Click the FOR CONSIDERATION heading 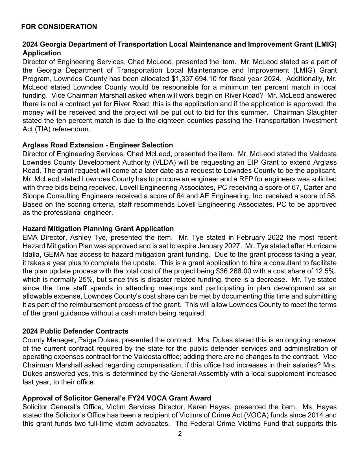click(x=59, y=27)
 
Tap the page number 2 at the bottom click(x=180, y=434)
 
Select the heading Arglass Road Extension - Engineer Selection click(x=97, y=145)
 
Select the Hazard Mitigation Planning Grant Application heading click(x=98, y=228)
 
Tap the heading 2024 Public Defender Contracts click(x=75, y=331)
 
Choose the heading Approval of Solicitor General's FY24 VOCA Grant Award click(x=117, y=398)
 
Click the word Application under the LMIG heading click(x=42, y=53)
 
